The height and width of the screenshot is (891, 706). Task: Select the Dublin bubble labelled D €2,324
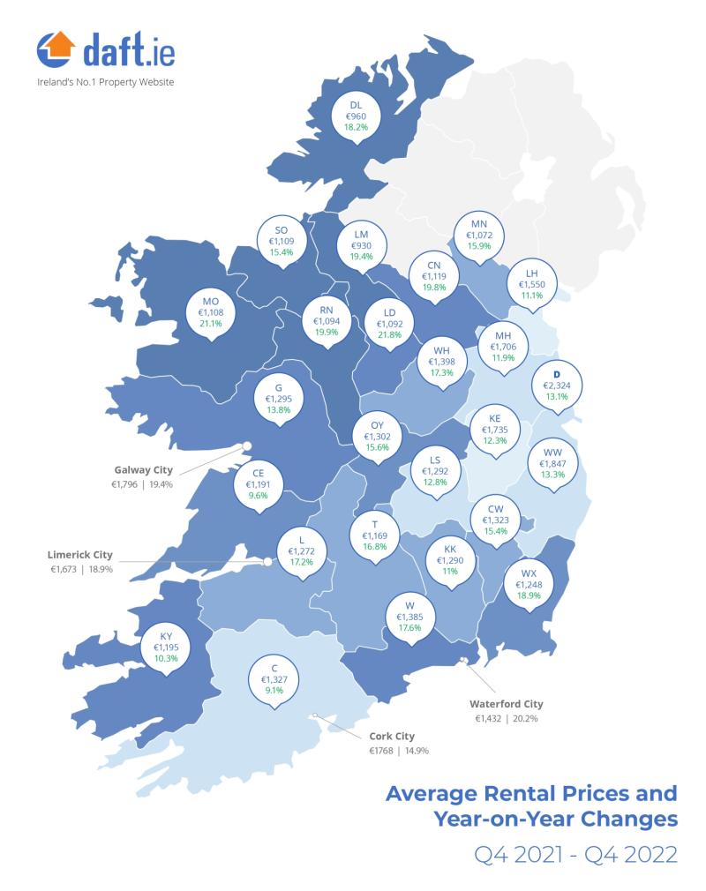click(x=556, y=386)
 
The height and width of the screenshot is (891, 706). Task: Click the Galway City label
click(x=143, y=469)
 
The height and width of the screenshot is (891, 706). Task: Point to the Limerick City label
click(x=79, y=555)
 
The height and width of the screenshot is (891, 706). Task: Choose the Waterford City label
click(x=507, y=704)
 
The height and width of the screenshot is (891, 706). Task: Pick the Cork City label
click(x=392, y=736)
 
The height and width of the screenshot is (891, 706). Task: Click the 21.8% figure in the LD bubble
click(x=389, y=334)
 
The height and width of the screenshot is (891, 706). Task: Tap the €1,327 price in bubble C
click(x=274, y=680)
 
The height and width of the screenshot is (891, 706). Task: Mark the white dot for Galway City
click(x=247, y=446)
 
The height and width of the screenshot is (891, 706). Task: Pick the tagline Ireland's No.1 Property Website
click(x=105, y=82)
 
